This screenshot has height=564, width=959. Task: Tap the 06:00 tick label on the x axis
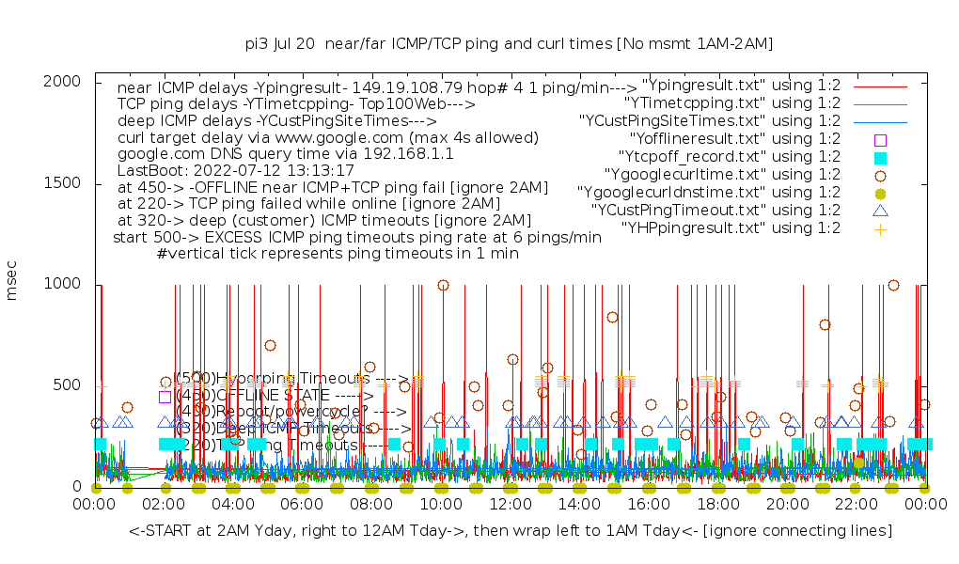pos(302,505)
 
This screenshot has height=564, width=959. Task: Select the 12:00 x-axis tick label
pos(510,505)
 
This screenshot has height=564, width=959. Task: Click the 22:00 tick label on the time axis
pos(856,505)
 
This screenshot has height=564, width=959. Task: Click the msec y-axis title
pos(13,283)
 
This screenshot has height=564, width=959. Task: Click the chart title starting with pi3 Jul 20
pos(509,43)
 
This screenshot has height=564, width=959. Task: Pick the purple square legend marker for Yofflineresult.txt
pos(881,139)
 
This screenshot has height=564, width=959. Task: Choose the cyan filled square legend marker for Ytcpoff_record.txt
pos(881,157)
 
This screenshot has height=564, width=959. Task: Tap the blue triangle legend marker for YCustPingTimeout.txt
pos(881,211)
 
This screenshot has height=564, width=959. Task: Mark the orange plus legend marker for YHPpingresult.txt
pos(881,228)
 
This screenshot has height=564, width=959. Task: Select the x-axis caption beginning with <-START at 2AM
pos(511,532)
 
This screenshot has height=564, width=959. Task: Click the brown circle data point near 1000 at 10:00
pos(444,285)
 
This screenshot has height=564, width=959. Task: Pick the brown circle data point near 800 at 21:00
pos(825,324)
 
